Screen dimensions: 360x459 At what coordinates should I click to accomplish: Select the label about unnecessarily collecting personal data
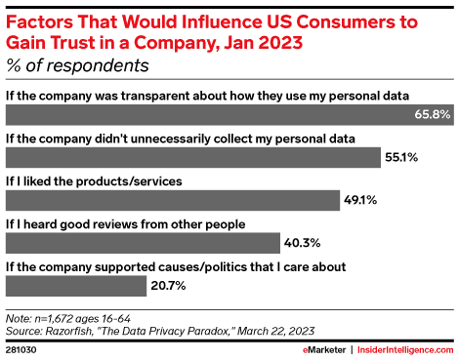pyautogui.click(x=180, y=138)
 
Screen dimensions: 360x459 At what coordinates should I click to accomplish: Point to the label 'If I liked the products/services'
pyautogui.click(x=94, y=180)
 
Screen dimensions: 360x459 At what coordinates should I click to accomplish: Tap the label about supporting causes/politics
pyautogui.click(x=176, y=265)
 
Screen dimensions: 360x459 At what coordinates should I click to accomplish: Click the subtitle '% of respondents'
pyautogui.click(x=77, y=66)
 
